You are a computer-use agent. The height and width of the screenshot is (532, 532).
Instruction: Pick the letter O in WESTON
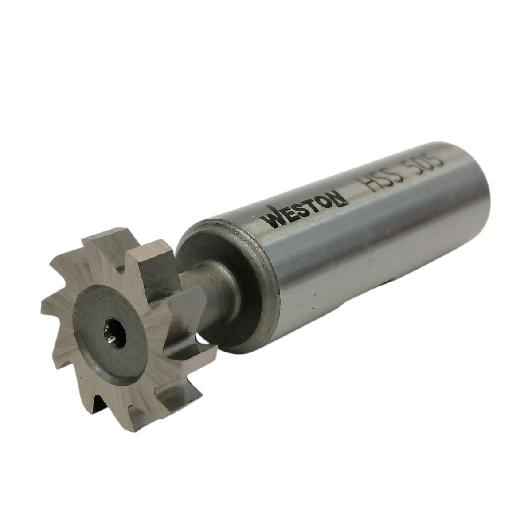[x=326, y=203]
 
